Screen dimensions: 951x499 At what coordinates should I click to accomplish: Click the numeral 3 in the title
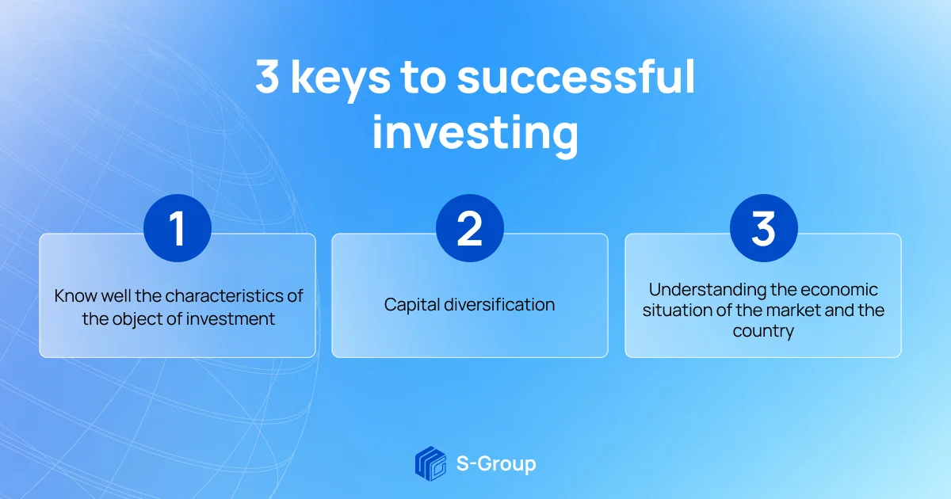(x=267, y=76)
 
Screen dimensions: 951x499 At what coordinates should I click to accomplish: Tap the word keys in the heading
(x=341, y=80)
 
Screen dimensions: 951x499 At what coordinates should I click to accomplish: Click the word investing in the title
(x=475, y=133)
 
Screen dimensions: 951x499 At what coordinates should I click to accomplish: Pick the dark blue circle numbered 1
(x=178, y=228)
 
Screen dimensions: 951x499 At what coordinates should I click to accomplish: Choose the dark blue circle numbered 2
(x=469, y=228)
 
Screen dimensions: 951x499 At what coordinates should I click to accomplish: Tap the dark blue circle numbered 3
(x=764, y=228)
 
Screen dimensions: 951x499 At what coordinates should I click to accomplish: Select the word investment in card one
(x=231, y=319)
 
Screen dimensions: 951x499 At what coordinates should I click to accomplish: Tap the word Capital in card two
(x=411, y=305)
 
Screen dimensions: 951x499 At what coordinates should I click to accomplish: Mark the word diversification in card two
(x=500, y=304)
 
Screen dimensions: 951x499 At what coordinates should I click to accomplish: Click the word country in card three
(x=763, y=331)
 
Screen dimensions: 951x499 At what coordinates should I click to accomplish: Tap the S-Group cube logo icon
(x=430, y=463)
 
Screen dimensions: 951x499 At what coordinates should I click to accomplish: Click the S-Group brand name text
(x=496, y=464)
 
